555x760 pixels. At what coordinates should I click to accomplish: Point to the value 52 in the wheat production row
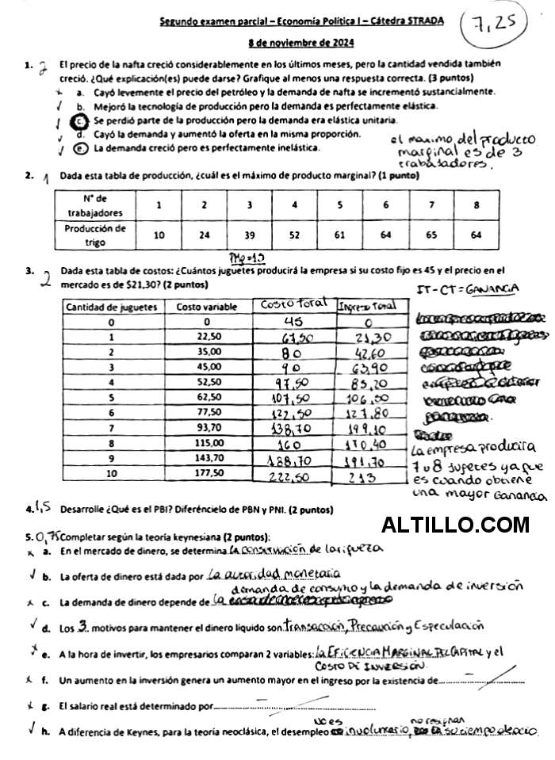(294, 235)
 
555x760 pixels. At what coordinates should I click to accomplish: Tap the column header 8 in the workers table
(476, 205)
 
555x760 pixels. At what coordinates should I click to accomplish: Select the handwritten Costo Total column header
(293, 305)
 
